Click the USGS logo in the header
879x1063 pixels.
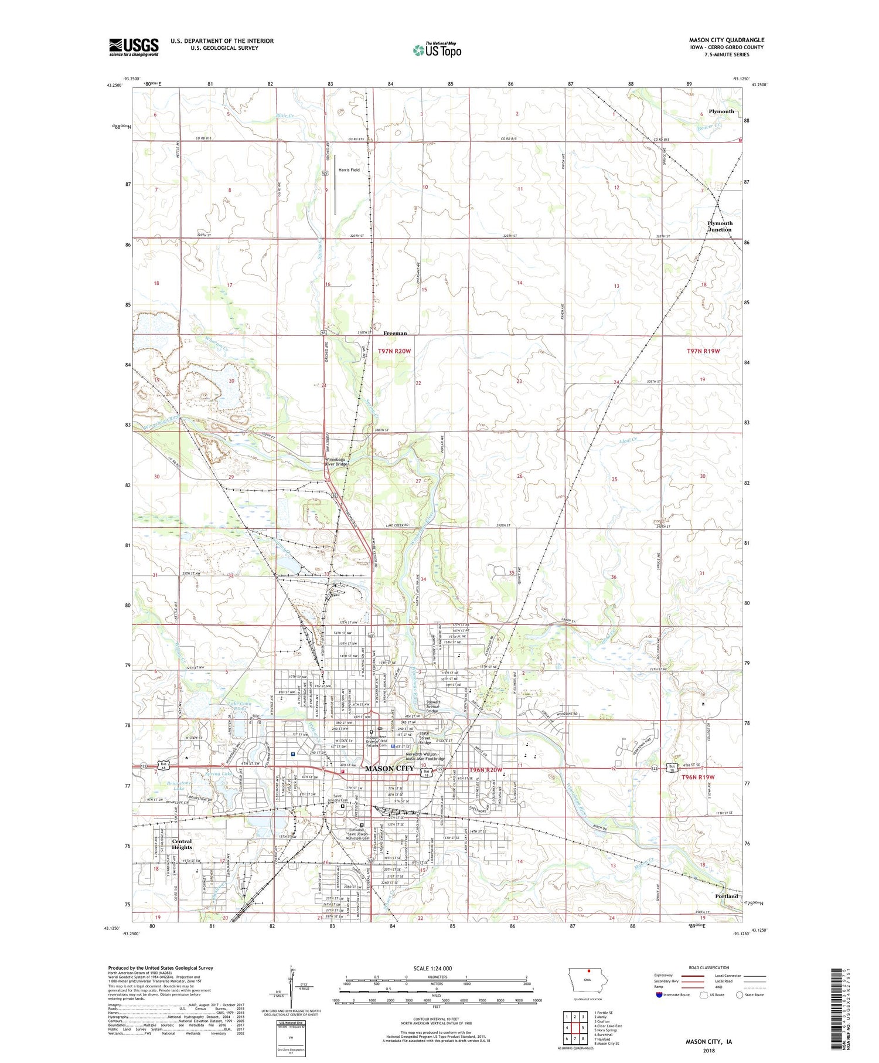point(134,47)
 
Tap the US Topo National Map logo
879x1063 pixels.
point(437,50)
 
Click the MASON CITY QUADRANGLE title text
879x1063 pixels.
point(726,40)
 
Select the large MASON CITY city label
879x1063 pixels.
point(389,769)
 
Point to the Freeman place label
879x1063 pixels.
point(395,333)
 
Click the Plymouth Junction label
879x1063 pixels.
point(720,226)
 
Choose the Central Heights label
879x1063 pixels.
point(182,844)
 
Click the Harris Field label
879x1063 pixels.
point(349,170)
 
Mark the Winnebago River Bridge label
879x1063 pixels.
point(337,461)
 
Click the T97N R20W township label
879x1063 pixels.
point(394,351)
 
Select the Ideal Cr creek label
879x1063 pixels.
point(628,440)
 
